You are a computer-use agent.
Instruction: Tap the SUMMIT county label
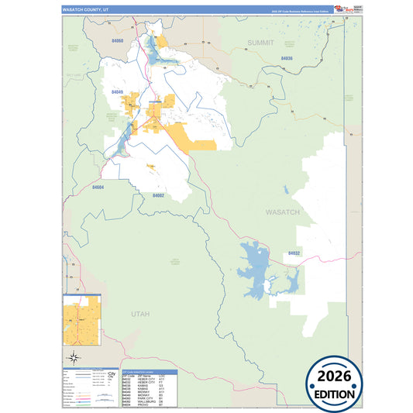(260, 43)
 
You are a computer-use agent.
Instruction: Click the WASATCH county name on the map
(282, 212)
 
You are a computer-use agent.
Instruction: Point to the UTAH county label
(139, 313)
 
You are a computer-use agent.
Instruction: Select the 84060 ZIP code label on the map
(118, 40)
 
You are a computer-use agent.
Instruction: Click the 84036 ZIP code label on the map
(287, 58)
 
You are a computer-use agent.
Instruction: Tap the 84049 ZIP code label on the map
(117, 92)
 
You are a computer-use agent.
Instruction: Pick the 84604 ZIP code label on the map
(98, 187)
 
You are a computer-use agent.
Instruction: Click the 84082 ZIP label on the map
(158, 195)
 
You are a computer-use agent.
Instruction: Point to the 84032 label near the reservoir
(294, 253)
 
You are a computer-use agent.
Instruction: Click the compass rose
(74, 356)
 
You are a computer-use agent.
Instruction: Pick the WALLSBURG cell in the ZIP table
(147, 401)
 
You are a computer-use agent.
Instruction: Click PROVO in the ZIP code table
(143, 404)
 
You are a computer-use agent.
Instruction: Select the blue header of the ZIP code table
(150, 372)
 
